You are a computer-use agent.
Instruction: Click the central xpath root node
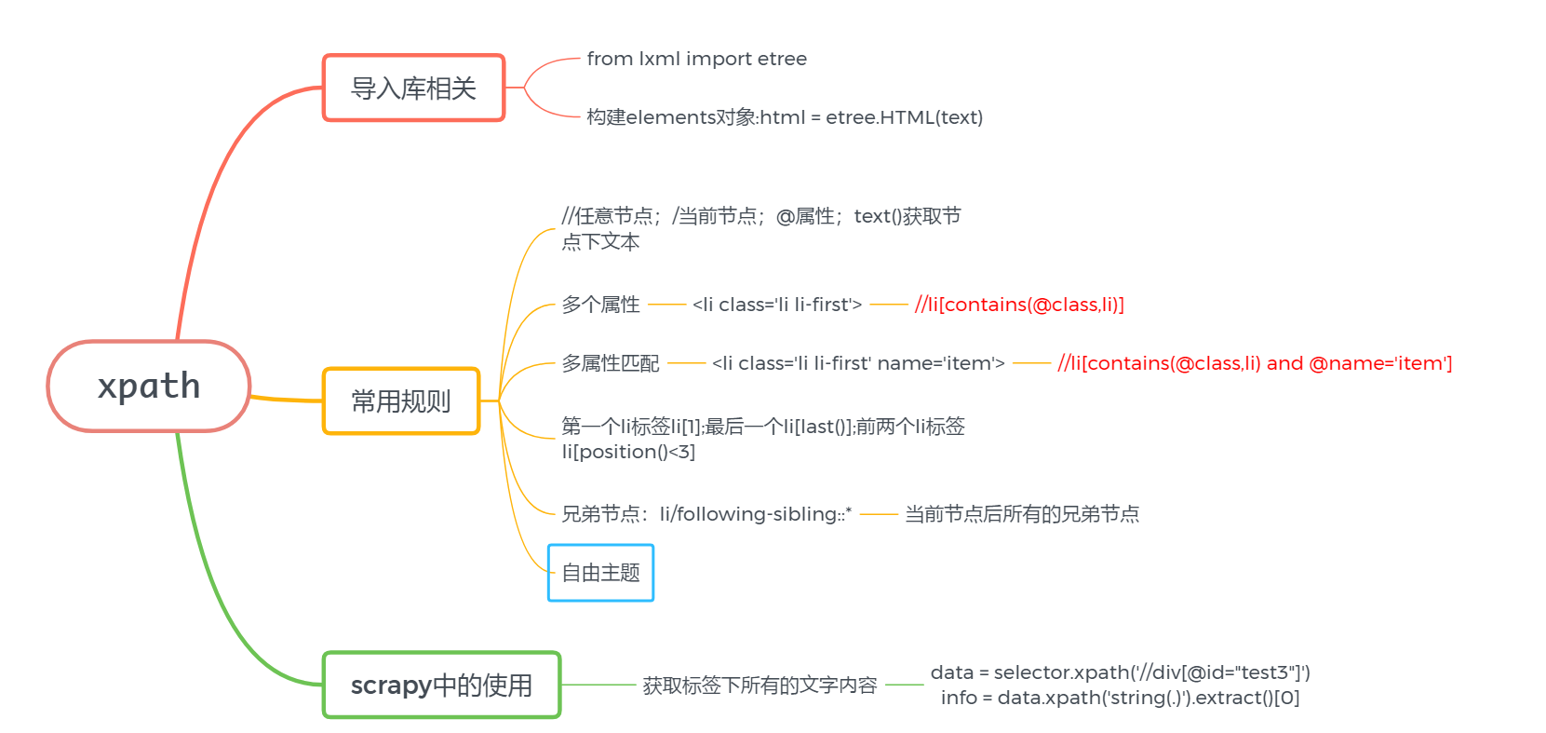click(x=149, y=386)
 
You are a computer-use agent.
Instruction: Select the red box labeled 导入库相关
click(x=413, y=88)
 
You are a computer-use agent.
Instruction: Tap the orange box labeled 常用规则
click(x=401, y=401)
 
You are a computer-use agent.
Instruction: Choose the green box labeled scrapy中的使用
click(x=441, y=685)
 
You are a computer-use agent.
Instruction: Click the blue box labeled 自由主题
click(x=600, y=573)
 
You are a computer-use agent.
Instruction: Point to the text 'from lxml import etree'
click(x=696, y=59)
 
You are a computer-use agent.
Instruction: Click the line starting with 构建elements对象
click(x=785, y=117)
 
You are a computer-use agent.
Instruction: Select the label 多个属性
click(x=600, y=305)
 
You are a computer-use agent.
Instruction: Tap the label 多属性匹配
click(x=610, y=363)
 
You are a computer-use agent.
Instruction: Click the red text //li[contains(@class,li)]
click(x=1019, y=305)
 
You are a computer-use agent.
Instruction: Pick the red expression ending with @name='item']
click(x=1255, y=363)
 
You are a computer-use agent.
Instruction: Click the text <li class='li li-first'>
click(x=777, y=305)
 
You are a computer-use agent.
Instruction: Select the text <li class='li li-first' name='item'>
click(x=858, y=363)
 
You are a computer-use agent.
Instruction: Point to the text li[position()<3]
click(x=628, y=452)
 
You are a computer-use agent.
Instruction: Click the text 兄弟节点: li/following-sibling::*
click(x=706, y=514)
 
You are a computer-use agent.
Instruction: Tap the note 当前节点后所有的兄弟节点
click(x=1022, y=514)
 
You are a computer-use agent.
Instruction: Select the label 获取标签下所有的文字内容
click(x=760, y=685)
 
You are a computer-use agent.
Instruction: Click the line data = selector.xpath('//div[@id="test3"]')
click(x=1120, y=672)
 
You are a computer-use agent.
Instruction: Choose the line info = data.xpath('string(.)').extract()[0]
click(x=1120, y=698)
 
